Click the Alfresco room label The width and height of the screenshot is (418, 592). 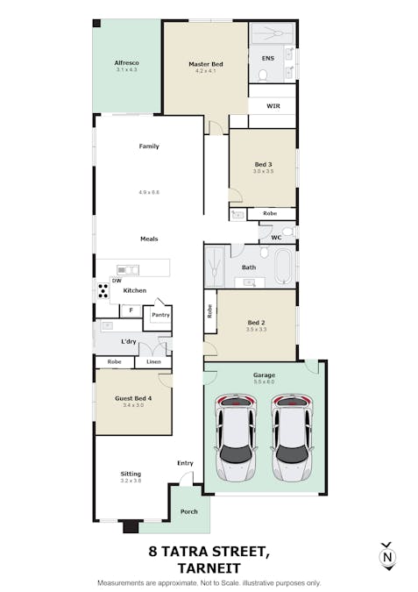[x=127, y=63]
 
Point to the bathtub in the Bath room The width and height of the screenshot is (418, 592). [x=281, y=267]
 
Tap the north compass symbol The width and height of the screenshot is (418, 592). [x=386, y=557]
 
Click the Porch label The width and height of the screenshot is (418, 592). [x=189, y=511]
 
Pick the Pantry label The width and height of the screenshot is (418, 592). [x=160, y=314]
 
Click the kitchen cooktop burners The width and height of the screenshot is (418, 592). [x=103, y=290]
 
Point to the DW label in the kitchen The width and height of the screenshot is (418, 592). [x=117, y=280]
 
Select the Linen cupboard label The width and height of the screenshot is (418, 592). [x=152, y=361]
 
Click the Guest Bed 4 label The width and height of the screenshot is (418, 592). [x=133, y=398]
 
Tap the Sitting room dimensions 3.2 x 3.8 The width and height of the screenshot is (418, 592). [x=130, y=481]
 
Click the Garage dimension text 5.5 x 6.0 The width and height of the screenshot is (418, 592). [x=264, y=382]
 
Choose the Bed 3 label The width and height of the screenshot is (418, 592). [x=264, y=164]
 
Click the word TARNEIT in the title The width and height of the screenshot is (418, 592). [x=208, y=567]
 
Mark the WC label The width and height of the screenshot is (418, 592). [x=276, y=237]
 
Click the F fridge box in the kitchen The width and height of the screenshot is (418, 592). [x=131, y=310]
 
